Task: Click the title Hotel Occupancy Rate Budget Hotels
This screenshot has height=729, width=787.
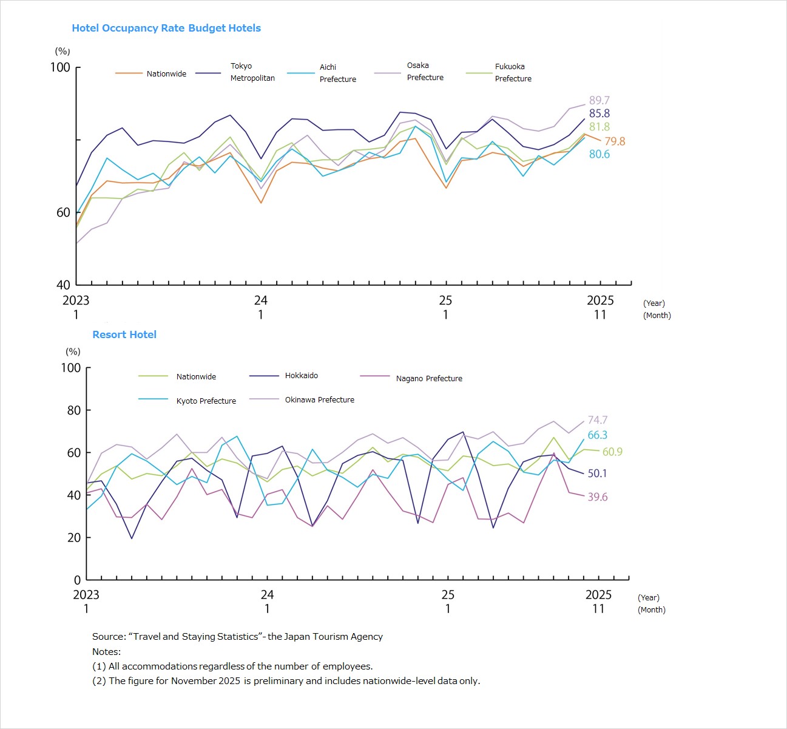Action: (166, 28)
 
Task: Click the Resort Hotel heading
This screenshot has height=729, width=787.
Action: (124, 334)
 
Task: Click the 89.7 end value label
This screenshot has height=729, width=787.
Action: (599, 100)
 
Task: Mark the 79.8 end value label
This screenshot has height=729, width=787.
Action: (614, 141)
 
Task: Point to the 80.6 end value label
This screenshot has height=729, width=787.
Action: (599, 154)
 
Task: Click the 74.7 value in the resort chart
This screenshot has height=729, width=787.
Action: (597, 420)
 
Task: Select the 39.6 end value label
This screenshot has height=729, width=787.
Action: (597, 497)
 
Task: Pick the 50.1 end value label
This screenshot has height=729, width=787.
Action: (597, 473)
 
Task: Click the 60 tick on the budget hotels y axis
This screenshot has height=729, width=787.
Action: (64, 212)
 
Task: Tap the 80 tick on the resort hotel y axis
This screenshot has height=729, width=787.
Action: (73, 410)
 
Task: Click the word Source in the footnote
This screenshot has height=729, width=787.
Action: (108, 637)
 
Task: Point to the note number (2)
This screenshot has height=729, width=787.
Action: (99, 681)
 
